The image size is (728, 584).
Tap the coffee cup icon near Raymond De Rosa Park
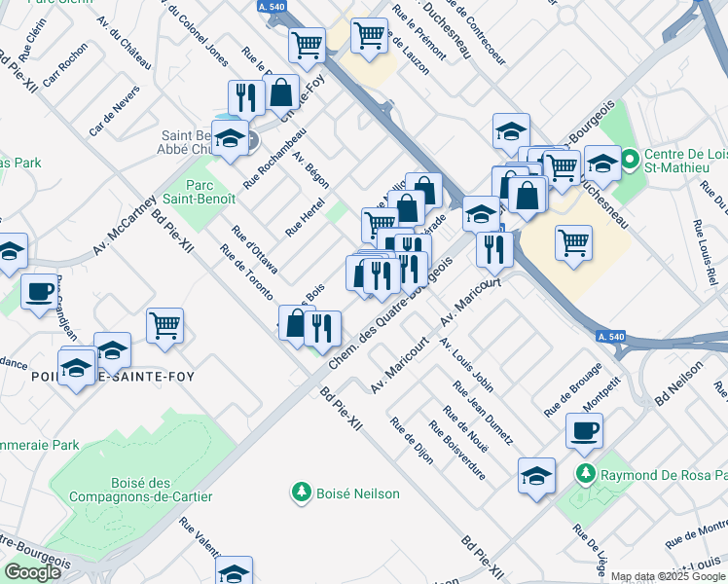pyautogui.click(x=584, y=430)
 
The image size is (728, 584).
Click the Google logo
pyautogui.click(x=32, y=572)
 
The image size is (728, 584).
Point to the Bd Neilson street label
pyautogui.click(x=678, y=383)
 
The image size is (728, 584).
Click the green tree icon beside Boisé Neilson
pyautogui.click(x=302, y=493)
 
